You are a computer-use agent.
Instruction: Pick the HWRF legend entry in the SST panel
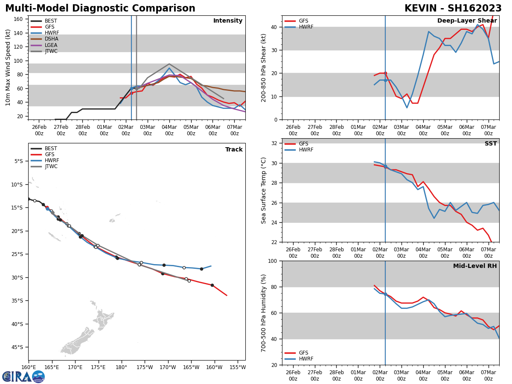[305, 150]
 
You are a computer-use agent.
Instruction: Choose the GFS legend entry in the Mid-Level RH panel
[303, 353]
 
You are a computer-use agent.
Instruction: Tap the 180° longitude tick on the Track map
[121, 367]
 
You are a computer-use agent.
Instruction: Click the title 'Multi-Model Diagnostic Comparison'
[100, 9]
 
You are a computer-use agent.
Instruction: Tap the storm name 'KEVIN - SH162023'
[453, 9]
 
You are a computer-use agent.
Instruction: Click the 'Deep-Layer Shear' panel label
[467, 21]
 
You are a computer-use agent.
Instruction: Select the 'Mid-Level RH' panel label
[475, 266]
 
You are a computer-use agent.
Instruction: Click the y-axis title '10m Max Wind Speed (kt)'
[8, 67]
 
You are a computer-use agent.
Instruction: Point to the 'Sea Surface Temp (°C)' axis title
[264, 190]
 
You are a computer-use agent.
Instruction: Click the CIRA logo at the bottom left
[23, 376]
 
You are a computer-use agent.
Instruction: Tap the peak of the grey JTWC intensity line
[169, 64]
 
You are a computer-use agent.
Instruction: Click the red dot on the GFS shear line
[385, 73]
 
